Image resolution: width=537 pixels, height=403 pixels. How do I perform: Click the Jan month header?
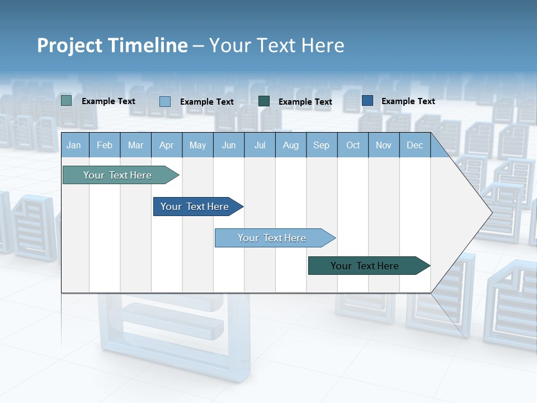74,145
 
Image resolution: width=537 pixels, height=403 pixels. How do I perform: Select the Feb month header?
105,145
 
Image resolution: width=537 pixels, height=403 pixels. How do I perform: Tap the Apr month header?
167,145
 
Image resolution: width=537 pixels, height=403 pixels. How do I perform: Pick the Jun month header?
229,145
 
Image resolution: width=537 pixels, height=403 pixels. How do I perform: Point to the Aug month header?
291,145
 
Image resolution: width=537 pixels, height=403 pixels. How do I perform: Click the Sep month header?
322,145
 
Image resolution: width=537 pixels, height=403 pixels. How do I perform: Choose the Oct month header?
353,145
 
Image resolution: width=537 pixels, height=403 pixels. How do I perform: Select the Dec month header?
415,145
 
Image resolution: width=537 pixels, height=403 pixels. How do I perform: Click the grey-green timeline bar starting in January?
117,175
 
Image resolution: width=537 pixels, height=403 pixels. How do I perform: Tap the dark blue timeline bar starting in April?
195,207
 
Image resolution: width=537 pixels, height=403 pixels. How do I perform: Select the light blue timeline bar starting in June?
272,238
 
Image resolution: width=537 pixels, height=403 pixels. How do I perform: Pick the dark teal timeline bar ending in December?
365,266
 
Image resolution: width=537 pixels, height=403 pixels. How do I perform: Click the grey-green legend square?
67,101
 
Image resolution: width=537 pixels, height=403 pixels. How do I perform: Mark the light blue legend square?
165,101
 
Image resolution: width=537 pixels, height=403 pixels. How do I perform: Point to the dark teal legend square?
264,101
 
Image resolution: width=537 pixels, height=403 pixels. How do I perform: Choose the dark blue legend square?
368,101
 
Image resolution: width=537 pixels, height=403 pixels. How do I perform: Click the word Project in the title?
69,45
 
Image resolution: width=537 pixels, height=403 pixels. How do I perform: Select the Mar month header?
135,145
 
